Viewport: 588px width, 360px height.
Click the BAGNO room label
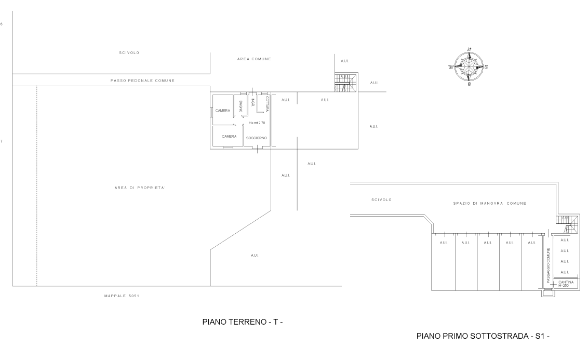[x=240, y=106]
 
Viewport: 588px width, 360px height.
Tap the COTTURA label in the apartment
[x=267, y=104]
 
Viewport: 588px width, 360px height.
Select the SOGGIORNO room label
[x=257, y=138]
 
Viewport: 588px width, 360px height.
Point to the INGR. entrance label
[x=253, y=102]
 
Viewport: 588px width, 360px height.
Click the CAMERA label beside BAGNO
[x=223, y=111]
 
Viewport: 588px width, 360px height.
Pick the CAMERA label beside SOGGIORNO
[x=229, y=137]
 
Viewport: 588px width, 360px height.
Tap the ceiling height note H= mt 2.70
[x=257, y=123]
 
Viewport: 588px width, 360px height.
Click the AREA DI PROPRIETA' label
[x=140, y=188]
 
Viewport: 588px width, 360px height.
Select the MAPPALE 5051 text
[x=122, y=296]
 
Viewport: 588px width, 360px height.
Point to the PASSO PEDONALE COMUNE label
[x=142, y=81]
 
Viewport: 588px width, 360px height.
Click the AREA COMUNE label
[x=254, y=59]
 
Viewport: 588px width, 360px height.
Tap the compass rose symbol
[x=469, y=67]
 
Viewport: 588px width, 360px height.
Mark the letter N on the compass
[x=469, y=49]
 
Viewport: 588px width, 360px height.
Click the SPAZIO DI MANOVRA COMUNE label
[x=490, y=203]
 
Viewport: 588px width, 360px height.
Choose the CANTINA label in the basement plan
[x=566, y=283]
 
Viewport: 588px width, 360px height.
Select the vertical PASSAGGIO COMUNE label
[x=548, y=265]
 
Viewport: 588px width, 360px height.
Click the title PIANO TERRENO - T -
[x=242, y=322]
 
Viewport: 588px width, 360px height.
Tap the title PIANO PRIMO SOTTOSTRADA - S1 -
[x=483, y=336]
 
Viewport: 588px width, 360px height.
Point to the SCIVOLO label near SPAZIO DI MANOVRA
[x=382, y=200]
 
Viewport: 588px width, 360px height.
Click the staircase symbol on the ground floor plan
[x=346, y=83]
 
